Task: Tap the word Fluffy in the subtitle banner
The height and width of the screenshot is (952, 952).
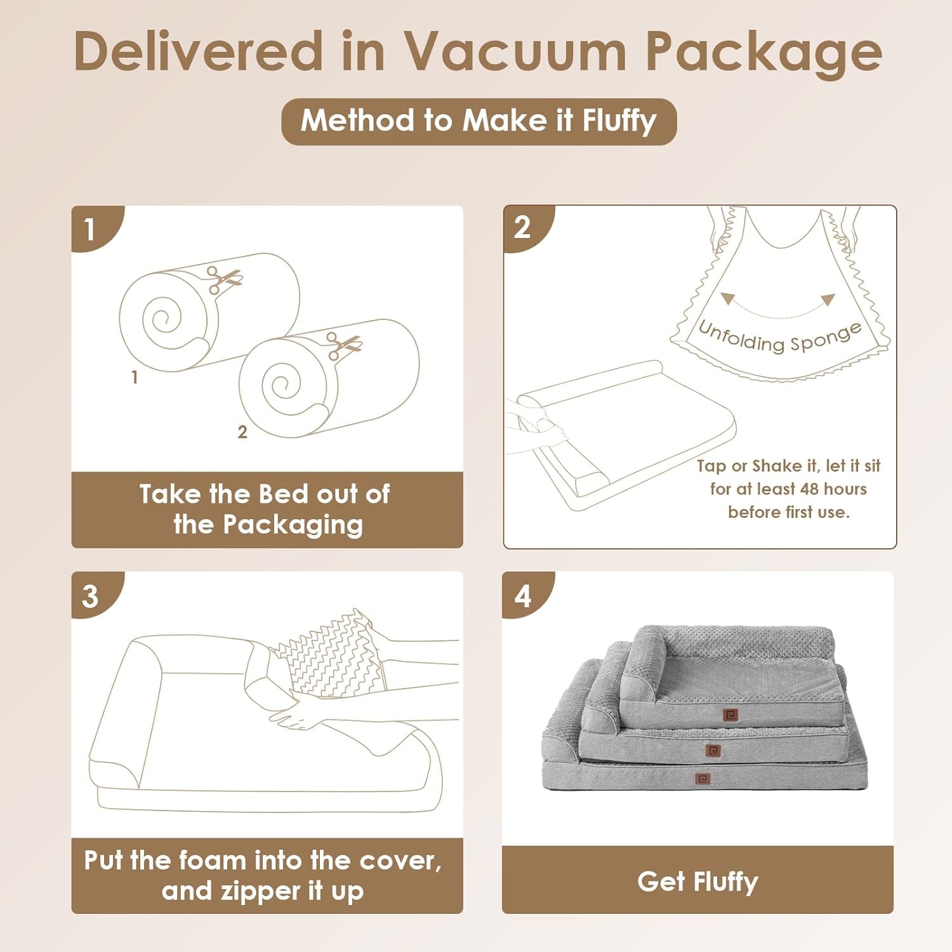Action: click(619, 121)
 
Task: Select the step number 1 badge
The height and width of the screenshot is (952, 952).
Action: click(90, 228)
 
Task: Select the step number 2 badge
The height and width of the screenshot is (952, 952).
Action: click(522, 227)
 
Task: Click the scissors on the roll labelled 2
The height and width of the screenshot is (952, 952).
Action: click(344, 345)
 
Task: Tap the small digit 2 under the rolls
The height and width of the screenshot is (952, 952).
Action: click(242, 432)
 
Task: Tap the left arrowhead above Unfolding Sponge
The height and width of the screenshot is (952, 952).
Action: click(727, 298)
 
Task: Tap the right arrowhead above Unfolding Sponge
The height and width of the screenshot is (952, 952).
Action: click(828, 300)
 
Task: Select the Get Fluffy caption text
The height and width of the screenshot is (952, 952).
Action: click(697, 882)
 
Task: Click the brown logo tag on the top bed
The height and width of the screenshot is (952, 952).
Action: click(731, 715)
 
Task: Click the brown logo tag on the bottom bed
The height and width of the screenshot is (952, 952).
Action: click(703, 779)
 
